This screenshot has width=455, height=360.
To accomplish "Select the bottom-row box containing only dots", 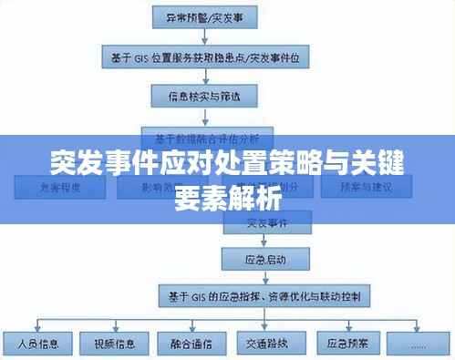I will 418,345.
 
